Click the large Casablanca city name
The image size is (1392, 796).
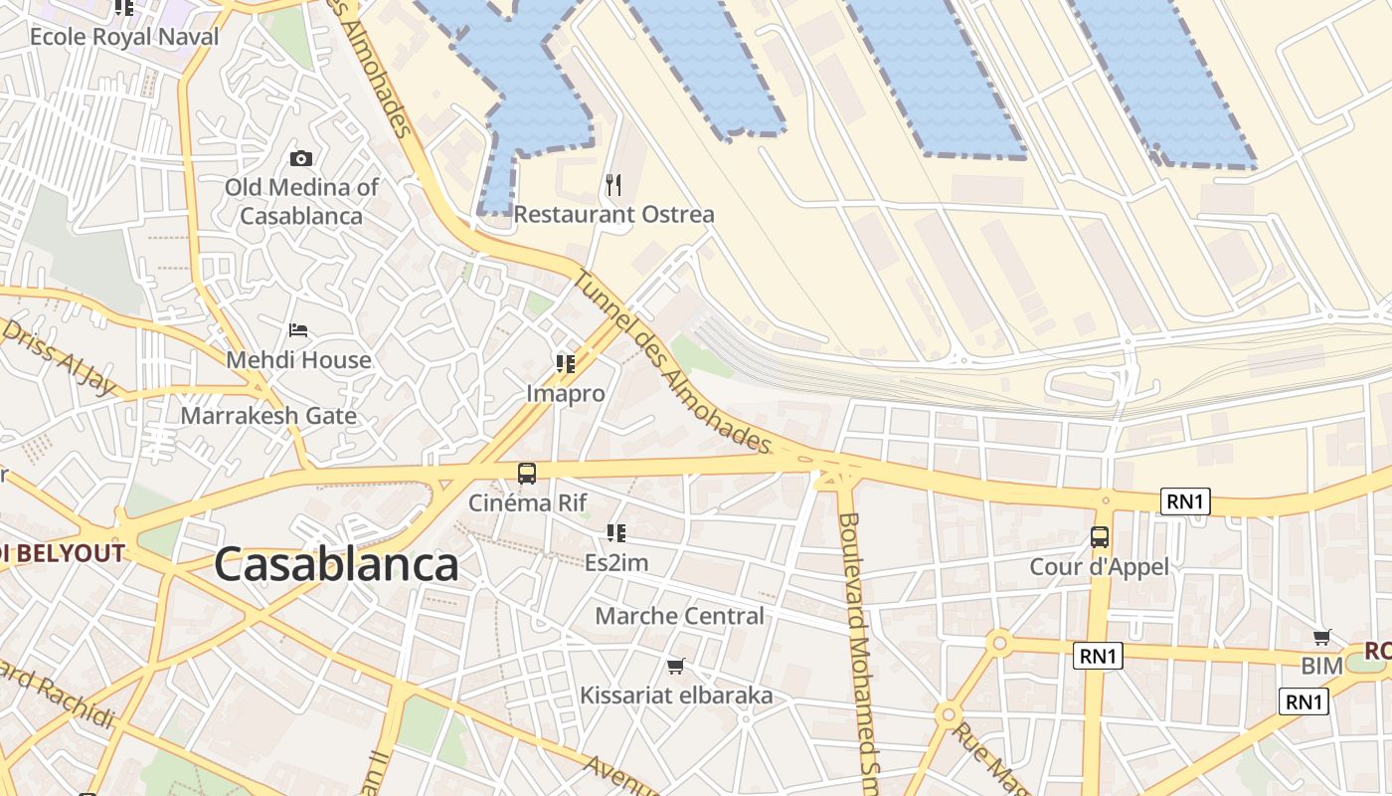(x=336, y=564)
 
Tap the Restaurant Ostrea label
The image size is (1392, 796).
(x=613, y=214)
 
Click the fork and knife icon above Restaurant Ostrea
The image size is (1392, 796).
(x=613, y=184)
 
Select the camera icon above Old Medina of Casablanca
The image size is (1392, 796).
(x=300, y=158)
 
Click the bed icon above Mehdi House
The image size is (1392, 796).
(x=298, y=329)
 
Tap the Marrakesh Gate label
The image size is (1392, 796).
(x=268, y=415)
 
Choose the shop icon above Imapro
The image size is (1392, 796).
(x=566, y=364)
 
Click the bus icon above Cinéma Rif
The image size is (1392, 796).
(x=527, y=474)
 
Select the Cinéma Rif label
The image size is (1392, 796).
(x=528, y=502)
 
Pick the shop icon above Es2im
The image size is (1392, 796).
(x=616, y=533)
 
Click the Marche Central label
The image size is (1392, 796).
(x=680, y=616)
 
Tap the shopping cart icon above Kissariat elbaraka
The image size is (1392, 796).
(x=676, y=665)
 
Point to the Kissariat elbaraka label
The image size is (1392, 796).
(x=676, y=696)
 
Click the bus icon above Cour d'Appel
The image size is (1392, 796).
(x=1100, y=537)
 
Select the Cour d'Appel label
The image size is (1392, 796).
(x=1100, y=566)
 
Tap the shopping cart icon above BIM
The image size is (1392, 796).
(x=1322, y=637)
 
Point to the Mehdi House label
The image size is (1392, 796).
(x=299, y=359)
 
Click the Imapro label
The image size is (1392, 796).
(x=566, y=393)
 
